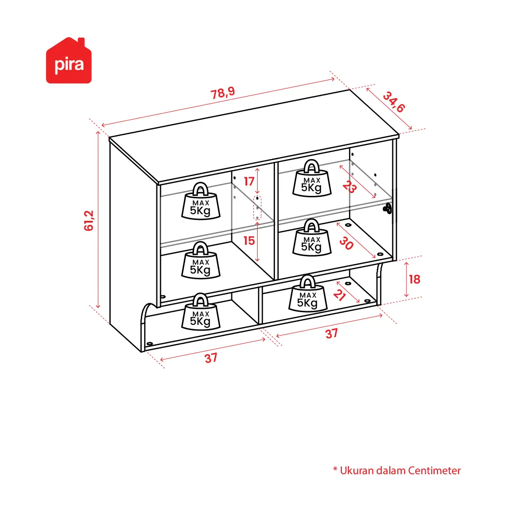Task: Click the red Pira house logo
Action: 69,61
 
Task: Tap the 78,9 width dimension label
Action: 223,93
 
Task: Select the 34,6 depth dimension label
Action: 394,102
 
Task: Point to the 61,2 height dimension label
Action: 89,221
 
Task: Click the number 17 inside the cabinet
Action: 249,181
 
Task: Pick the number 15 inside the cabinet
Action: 249,241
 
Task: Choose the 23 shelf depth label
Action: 349,186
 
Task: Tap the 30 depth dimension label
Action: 347,243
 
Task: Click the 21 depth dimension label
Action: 339,295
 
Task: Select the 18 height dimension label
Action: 414,279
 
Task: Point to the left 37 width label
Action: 211,358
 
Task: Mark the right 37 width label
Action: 331,334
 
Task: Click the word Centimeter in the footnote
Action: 434,470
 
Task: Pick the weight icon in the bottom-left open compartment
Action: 201,312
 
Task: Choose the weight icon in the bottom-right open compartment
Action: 308,293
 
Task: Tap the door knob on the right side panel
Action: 388,209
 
